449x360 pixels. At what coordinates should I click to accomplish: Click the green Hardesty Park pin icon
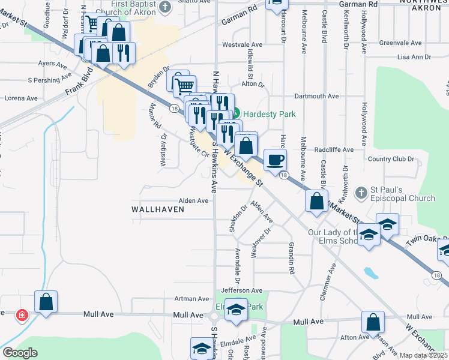pyautogui.click(x=236, y=112)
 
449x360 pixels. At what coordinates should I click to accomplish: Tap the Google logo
pyautogui.click(x=20, y=353)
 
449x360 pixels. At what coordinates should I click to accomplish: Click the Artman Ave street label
pyautogui.click(x=191, y=298)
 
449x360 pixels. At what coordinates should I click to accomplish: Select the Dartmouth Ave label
pyautogui.click(x=316, y=96)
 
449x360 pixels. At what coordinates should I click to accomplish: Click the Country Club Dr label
pyautogui.click(x=391, y=159)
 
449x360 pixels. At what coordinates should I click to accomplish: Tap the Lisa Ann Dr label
pyautogui.click(x=415, y=58)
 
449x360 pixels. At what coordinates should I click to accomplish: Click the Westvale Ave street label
pyautogui.click(x=243, y=44)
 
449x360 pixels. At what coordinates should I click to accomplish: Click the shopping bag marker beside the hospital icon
pyautogui.click(x=46, y=302)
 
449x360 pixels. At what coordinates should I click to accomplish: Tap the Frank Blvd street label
pyautogui.click(x=80, y=83)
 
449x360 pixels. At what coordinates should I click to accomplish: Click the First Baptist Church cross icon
pyautogui.click(x=166, y=7)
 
